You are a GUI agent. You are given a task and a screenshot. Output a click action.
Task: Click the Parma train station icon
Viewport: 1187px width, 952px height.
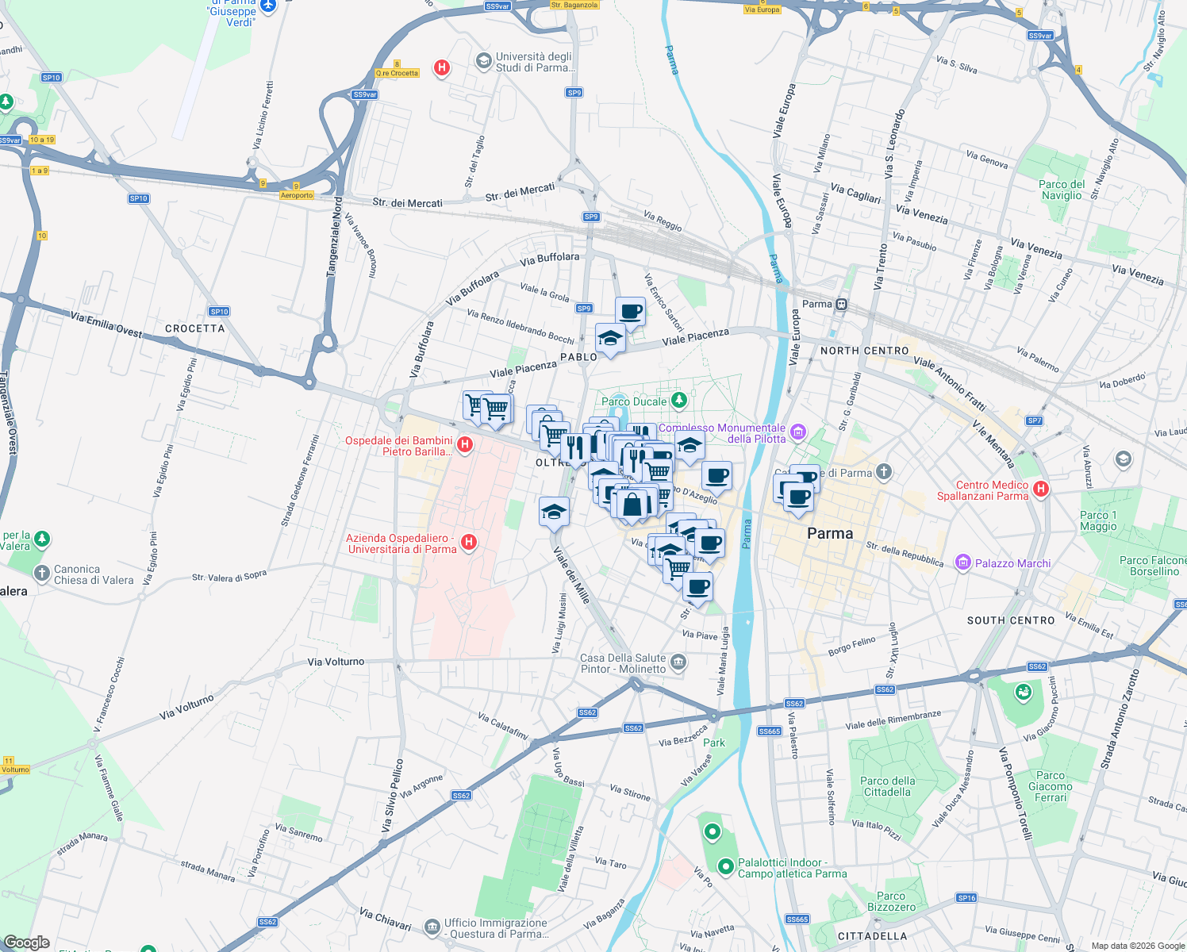tap(842, 304)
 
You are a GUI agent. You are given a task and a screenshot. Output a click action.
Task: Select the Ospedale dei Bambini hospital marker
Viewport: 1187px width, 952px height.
tap(466, 445)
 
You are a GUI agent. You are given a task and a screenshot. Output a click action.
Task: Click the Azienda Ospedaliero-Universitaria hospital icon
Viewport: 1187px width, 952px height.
tap(469, 543)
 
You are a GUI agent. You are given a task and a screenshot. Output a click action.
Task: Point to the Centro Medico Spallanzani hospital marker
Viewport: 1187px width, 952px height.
tap(1041, 489)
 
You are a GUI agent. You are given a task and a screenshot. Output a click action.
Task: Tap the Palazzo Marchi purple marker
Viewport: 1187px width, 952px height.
tap(963, 562)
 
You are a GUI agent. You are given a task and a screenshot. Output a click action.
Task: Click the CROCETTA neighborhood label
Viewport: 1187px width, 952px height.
tap(194, 328)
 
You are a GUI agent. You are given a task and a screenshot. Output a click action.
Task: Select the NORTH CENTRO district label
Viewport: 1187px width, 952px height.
tap(864, 351)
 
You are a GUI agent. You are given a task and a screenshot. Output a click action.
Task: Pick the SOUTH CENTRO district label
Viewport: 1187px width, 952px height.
tap(1010, 620)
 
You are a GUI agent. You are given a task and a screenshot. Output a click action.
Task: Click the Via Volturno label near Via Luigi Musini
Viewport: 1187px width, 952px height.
tap(336, 662)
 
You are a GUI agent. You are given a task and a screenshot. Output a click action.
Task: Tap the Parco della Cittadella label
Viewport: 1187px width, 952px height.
tap(887, 786)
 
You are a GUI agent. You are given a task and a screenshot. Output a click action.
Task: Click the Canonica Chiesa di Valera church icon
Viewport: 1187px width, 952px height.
tap(42, 573)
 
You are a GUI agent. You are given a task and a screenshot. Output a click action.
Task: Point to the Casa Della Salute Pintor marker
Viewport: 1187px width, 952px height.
tap(678, 662)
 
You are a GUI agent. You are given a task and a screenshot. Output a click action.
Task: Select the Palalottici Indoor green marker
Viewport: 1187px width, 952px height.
tap(724, 866)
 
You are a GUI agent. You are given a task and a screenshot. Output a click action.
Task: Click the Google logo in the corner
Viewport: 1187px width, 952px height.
tap(27, 942)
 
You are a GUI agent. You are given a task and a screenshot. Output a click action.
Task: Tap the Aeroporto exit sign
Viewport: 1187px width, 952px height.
tap(297, 195)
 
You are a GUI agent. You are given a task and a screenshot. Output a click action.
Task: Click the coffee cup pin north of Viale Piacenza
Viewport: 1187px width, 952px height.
tap(630, 311)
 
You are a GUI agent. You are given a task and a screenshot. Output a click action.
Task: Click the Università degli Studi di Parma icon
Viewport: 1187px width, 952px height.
tap(482, 61)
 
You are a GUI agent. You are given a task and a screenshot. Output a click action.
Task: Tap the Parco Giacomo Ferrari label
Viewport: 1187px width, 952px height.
tap(1050, 786)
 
